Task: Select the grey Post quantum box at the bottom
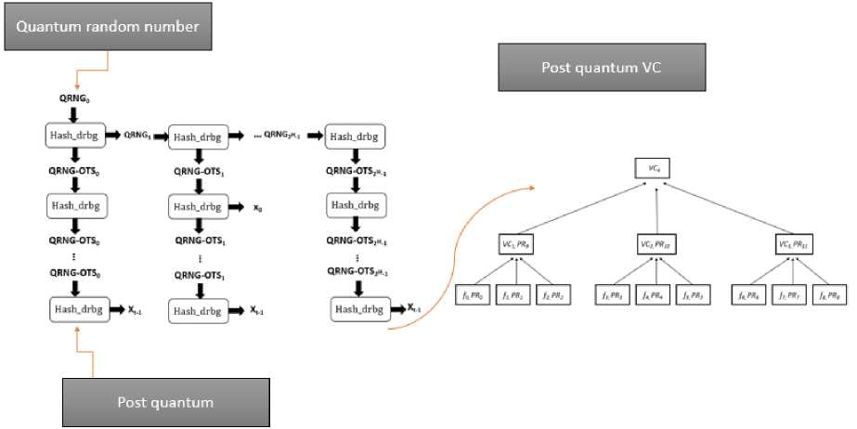pos(164,401)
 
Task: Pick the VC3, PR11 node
pos(795,244)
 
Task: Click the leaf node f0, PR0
pos(473,294)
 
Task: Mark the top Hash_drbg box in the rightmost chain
pos(355,136)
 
